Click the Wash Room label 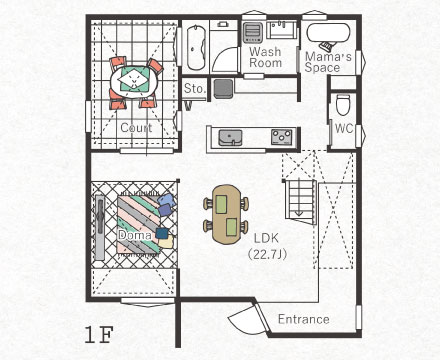(265, 57)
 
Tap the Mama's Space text (328, 62)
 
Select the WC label (344, 128)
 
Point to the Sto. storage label (194, 88)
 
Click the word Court (136, 127)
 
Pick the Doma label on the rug (135, 235)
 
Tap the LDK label (266, 238)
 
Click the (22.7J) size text (267, 254)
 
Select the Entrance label (304, 319)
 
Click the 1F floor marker (99, 335)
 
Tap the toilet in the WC (343, 104)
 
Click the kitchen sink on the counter (230, 138)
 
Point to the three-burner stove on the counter (282, 137)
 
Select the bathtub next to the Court (196, 47)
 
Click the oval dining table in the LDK (226, 214)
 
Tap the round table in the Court (134, 80)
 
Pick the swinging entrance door (248, 319)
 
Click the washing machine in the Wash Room (253, 32)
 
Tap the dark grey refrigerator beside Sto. (223, 88)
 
